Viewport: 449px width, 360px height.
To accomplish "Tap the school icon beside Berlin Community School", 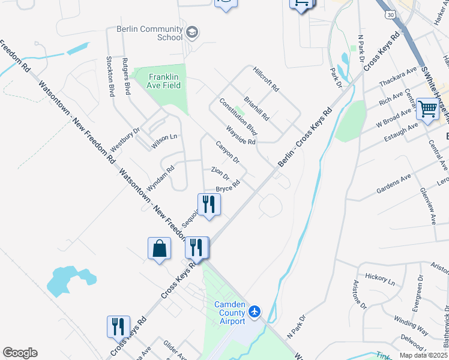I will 193,32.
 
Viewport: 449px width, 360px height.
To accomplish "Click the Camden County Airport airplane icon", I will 255,311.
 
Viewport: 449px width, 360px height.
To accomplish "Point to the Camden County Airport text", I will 230,313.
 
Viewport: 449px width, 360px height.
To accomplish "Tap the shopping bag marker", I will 160,248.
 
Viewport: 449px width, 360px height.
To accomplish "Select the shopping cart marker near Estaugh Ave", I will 428,110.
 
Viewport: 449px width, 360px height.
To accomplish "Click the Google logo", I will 20,353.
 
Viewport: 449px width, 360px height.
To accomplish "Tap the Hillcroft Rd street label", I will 266,79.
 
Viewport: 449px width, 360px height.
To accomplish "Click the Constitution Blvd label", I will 238,116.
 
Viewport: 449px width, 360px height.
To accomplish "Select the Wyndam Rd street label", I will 160,178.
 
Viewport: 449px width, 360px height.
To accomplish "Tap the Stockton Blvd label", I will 110,77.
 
